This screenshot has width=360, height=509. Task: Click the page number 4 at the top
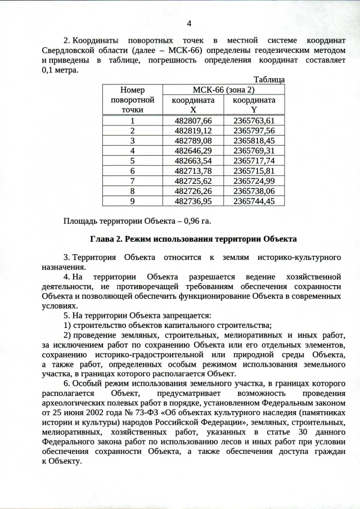188,23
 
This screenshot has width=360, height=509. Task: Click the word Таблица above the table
269,80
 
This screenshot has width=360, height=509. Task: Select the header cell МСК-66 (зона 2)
224,89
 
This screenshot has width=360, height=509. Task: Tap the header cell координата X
193,104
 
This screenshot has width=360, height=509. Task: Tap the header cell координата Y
254,104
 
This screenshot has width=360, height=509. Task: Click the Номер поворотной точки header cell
132,100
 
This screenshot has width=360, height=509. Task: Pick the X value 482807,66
193,120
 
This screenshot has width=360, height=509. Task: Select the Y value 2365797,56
254,130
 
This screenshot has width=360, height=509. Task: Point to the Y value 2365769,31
254,150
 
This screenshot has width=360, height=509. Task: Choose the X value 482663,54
193,160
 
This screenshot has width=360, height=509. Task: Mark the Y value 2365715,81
254,170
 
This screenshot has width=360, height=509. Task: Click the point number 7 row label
132,181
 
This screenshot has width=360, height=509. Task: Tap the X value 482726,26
193,191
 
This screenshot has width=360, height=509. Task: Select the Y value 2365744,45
254,201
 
